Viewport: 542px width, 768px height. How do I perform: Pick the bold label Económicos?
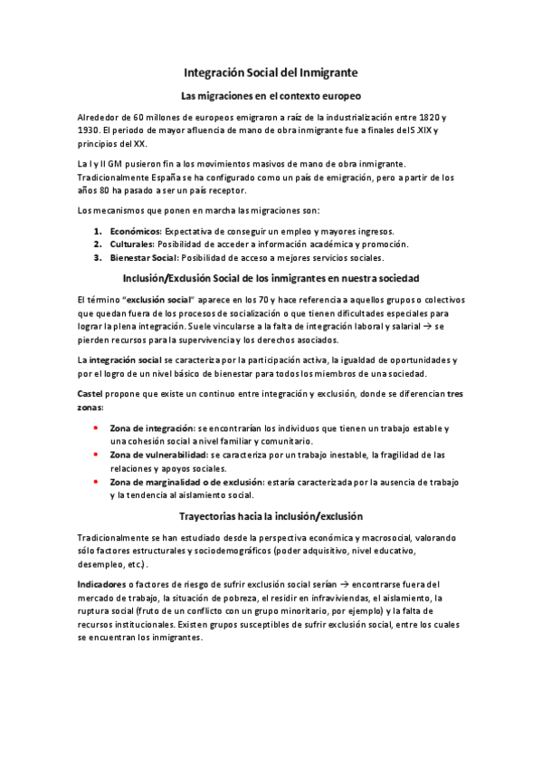point(137,232)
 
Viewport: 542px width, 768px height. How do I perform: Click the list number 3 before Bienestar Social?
point(97,257)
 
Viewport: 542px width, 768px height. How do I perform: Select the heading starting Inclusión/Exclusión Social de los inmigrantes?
point(271,276)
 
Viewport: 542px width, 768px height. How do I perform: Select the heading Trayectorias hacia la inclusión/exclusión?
point(271,516)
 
